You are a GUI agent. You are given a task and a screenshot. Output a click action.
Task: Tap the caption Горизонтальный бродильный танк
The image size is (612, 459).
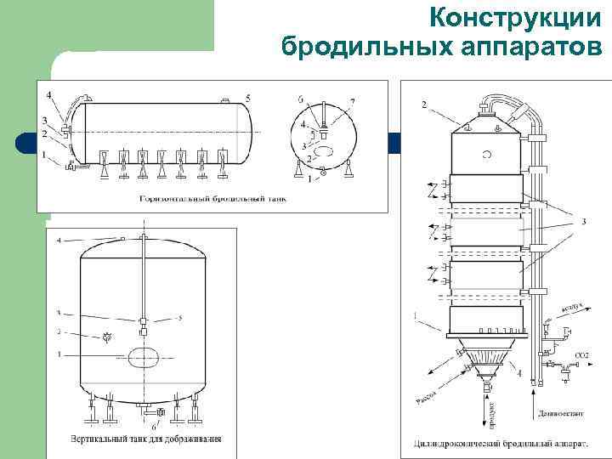click(213, 199)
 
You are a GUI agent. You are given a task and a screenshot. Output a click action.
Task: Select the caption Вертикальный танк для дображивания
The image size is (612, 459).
click(145, 439)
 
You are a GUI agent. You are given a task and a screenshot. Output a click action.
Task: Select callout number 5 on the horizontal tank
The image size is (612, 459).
click(248, 99)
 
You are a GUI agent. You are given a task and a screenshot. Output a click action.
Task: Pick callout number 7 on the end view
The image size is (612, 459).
click(352, 102)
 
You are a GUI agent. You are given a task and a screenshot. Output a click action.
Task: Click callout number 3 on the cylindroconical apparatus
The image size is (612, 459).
click(583, 222)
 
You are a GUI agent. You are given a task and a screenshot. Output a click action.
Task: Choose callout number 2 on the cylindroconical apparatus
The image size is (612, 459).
click(423, 105)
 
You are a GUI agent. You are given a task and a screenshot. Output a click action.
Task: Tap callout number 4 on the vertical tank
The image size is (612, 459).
click(59, 241)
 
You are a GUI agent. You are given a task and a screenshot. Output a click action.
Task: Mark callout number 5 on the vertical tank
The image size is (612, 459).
click(180, 318)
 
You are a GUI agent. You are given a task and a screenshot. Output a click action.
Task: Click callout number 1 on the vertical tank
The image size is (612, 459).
click(59, 353)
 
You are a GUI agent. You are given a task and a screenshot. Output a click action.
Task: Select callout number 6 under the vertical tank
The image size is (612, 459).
click(153, 426)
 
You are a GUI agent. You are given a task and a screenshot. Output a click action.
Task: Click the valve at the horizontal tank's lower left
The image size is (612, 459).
click(71, 167)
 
